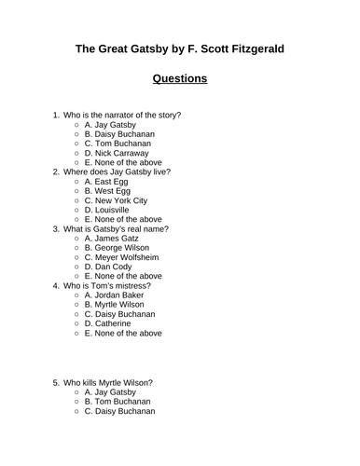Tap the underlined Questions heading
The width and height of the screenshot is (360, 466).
180,78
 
